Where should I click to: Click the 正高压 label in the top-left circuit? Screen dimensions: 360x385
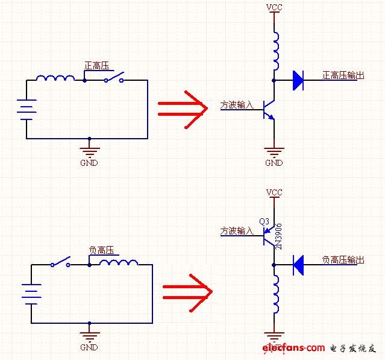(x=96, y=66)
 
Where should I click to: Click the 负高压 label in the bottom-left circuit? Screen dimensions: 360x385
(x=101, y=250)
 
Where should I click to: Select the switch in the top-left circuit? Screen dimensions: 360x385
(x=115, y=78)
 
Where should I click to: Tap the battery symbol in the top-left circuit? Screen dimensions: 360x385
(x=27, y=110)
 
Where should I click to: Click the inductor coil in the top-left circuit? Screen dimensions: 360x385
(x=55, y=78)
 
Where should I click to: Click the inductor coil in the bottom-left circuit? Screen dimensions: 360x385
(x=119, y=263)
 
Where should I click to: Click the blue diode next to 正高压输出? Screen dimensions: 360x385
(x=298, y=80)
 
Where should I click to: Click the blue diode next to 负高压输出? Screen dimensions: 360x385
(x=298, y=262)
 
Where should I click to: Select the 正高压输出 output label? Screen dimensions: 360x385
(x=343, y=75)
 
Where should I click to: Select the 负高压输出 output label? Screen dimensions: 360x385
(x=343, y=259)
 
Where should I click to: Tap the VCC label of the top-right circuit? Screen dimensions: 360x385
(x=274, y=8)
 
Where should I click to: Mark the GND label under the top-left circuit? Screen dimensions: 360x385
(x=89, y=163)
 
